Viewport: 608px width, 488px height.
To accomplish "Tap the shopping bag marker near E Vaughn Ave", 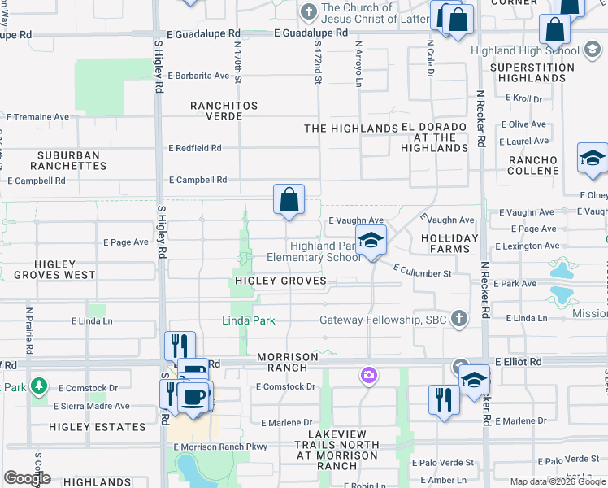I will (289, 199).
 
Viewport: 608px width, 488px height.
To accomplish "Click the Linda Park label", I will (249, 320).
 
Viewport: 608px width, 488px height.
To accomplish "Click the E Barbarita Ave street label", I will (198, 76).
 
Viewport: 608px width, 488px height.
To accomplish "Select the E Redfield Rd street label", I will (195, 148).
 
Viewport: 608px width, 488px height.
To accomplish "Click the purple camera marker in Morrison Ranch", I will (368, 376).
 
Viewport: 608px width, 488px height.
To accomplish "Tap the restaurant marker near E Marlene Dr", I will (443, 399).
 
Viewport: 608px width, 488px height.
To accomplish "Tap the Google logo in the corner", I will (26, 478).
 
